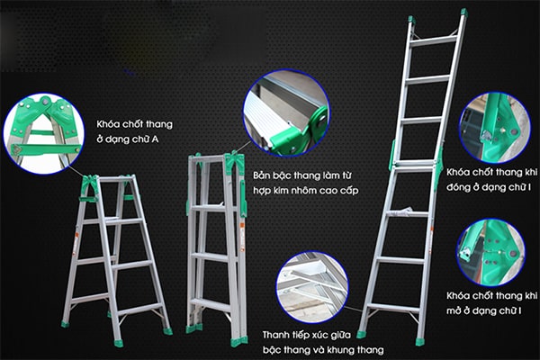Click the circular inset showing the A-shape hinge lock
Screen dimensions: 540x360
point(43,134)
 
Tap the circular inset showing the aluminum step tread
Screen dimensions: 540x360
point(286,113)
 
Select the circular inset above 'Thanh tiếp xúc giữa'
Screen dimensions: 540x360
point(312,287)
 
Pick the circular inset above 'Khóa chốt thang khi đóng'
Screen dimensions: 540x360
point(495,128)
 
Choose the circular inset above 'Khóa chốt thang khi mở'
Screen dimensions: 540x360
point(491,252)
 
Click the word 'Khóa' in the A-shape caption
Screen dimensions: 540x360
point(108,123)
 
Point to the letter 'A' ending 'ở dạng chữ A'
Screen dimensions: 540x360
point(156,139)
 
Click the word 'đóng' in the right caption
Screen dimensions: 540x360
point(458,188)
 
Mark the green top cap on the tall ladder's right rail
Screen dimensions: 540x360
point(463,13)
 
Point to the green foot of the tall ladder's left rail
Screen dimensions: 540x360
point(361,334)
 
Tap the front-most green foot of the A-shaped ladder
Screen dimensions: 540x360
point(118,343)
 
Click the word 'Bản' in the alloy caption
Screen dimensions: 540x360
point(261,175)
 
